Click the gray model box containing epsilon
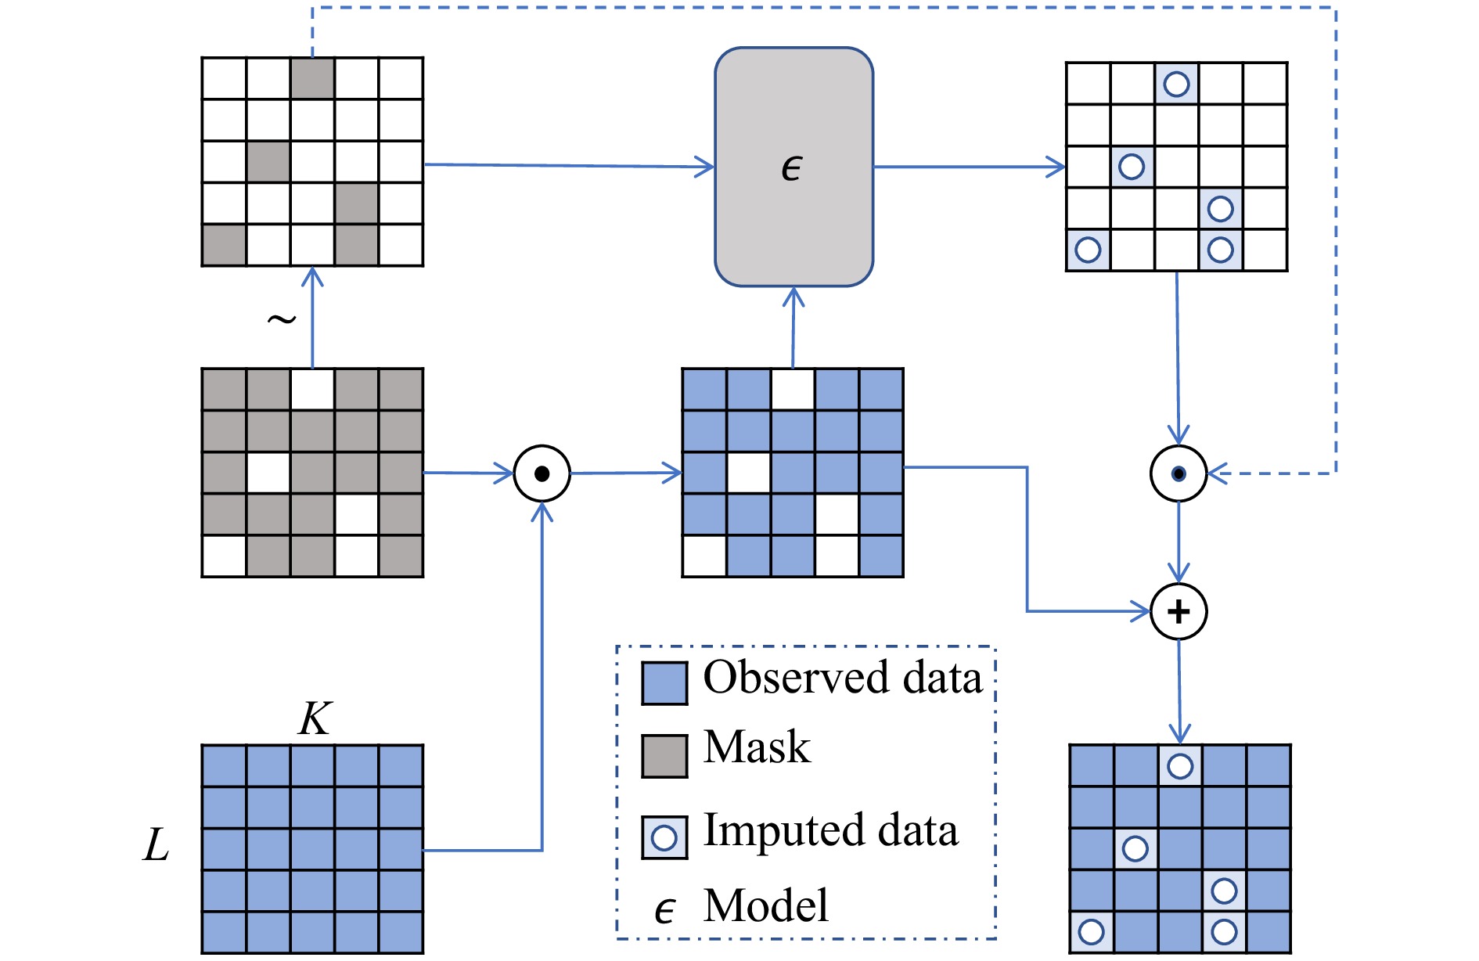(x=793, y=167)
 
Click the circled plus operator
(x=1179, y=611)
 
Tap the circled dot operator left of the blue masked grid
(x=542, y=473)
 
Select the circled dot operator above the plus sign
(x=1179, y=473)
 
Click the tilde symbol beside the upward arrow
(x=282, y=319)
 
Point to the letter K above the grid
(x=315, y=718)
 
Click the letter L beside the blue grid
(x=157, y=845)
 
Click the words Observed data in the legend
(x=843, y=677)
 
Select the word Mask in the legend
(x=757, y=747)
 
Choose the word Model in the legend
(x=766, y=905)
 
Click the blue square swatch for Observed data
(x=664, y=683)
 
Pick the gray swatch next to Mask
(x=664, y=756)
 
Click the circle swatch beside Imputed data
(x=664, y=837)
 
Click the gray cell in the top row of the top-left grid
(x=312, y=78)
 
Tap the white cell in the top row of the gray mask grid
(x=312, y=390)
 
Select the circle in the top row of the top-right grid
(x=1176, y=84)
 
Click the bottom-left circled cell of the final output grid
(x=1092, y=932)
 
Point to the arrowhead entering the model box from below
(x=793, y=297)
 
